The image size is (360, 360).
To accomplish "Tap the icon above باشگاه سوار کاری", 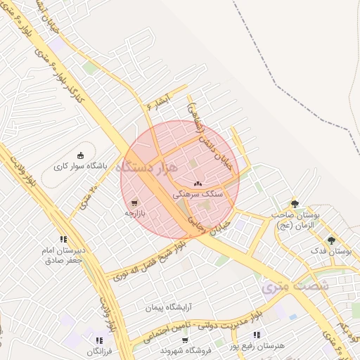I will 80,155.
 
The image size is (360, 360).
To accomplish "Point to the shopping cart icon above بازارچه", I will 134,202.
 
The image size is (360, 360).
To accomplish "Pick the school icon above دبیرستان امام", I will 64,239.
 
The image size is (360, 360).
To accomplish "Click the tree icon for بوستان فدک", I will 331,240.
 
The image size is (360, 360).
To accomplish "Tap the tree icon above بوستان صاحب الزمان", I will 295,204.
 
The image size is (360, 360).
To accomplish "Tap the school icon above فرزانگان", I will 99,341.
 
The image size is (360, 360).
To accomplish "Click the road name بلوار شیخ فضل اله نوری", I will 143,260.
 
